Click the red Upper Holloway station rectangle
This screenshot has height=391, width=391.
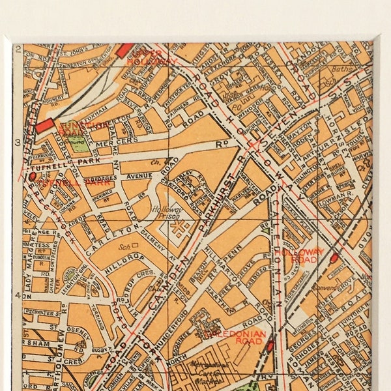[124, 51]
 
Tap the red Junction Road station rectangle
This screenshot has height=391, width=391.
[45, 126]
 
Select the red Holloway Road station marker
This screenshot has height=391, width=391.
[334, 258]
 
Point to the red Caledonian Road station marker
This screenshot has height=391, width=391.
[270, 346]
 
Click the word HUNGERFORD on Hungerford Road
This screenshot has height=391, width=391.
[180, 318]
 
